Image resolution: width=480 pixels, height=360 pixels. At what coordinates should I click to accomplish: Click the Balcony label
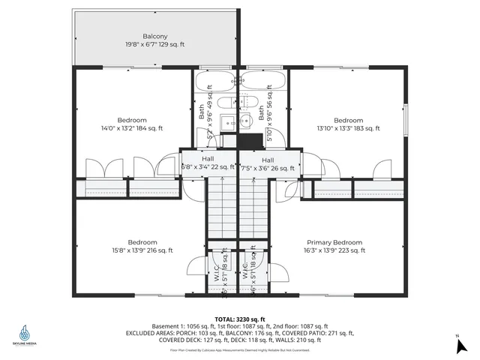pyautogui.click(x=155, y=36)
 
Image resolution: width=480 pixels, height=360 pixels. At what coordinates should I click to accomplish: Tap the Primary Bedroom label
pyautogui.click(x=334, y=242)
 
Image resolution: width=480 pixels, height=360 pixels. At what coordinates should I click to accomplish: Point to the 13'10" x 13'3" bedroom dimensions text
pyautogui.click(x=348, y=128)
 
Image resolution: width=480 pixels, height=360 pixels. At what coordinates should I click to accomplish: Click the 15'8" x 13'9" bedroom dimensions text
pyautogui.click(x=142, y=250)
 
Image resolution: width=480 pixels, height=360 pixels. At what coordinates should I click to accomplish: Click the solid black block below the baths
pyautogui.click(x=245, y=139)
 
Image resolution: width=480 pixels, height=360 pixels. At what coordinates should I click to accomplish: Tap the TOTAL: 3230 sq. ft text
pyautogui.click(x=240, y=319)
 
